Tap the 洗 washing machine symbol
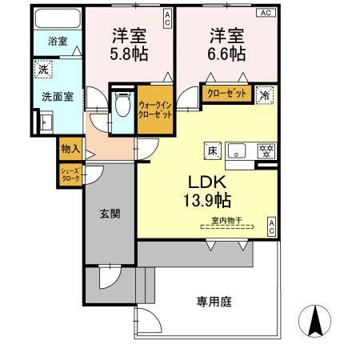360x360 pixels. (44, 69)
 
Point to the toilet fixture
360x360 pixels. (122, 105)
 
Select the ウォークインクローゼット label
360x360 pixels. (154, 109)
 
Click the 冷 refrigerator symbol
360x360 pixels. (265, 94)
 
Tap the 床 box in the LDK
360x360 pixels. (213, 149)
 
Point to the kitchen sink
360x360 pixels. (238, 149)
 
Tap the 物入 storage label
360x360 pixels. (70, 148)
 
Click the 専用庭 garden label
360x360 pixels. (214, 302)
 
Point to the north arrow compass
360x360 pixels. (317, 322)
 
